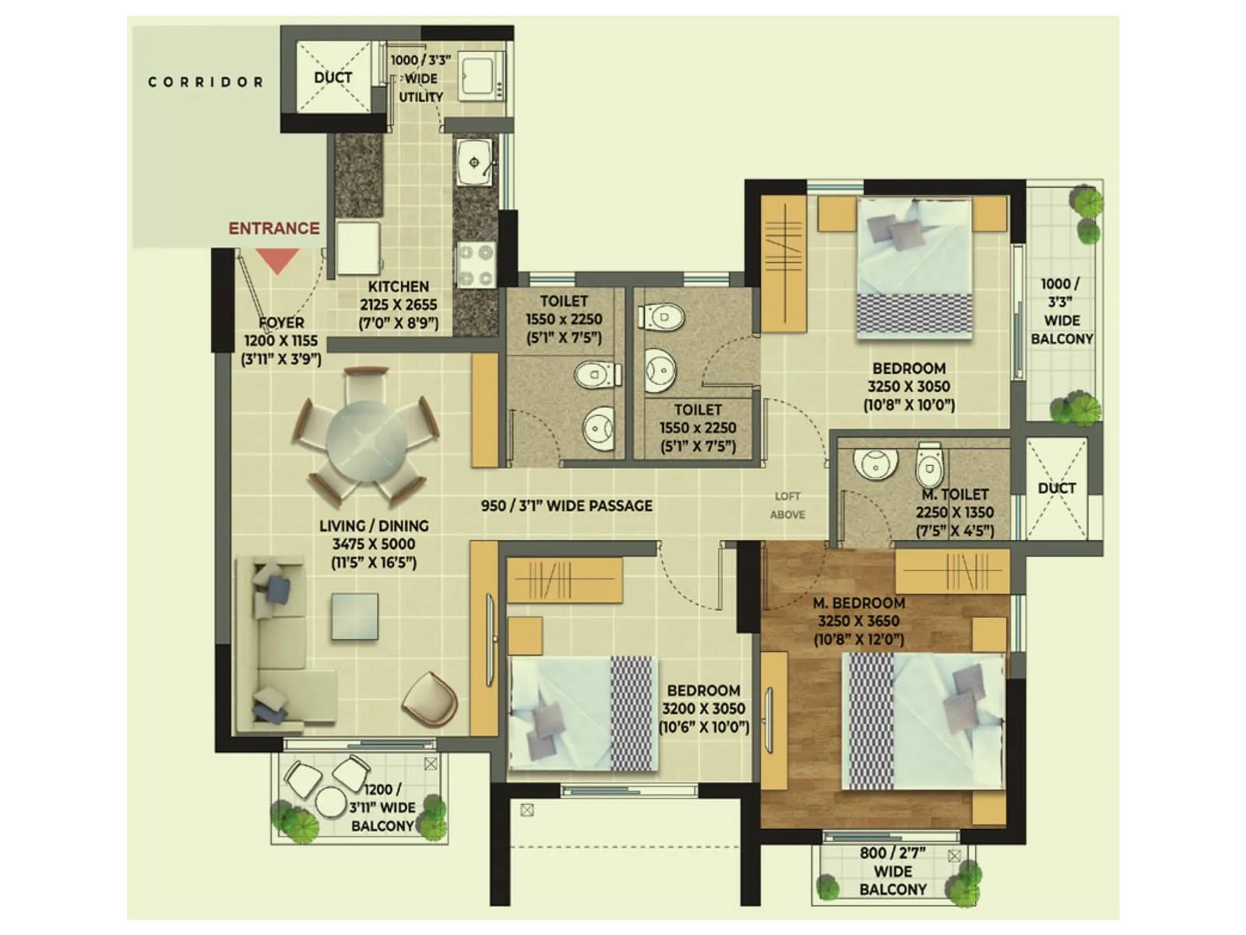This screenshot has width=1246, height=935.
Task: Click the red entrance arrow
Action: pyautogui.click(x=278, y=260)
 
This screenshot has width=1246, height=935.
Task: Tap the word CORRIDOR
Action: pyautogui.click(x=206, y=82)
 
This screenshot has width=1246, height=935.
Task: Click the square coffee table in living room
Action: pyautogui.click(x=354, y=616)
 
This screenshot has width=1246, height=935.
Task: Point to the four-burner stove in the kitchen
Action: pyautogui.click(x=475, y=264)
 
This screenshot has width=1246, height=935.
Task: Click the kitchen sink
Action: pyautogui.click(x=473, y=163)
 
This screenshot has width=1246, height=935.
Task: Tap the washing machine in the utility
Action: pyautogui.click(x=480, y=76)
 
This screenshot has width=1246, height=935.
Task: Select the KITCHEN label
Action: pyautogui.click(x=398, y=287)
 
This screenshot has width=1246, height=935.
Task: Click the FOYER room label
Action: pyautogui.click(x=281, y=323)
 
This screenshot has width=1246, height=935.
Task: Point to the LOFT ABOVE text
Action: pyautogui.click(x=787, y=505)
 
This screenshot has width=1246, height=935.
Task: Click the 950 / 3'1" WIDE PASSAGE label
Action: pyautogui.click(x=567, y=506)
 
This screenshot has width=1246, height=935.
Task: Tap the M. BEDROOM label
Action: pyautogui.click(x=859, y=603)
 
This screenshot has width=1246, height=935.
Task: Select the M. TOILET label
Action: pyautogui.click(x=955, y=495)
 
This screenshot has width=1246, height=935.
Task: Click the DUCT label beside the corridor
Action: pyautogui.click(x=333, y=78)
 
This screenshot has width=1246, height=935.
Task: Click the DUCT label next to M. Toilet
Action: pyautogui.click(x=1057, y=489)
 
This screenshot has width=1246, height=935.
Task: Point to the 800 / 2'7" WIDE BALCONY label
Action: pyautogui.click(x=892, y=871)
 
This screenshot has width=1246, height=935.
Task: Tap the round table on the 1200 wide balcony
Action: pyautogui.click(x=330, y=801)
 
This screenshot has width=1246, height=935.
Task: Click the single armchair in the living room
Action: pyautogui.click(x=429, y=698)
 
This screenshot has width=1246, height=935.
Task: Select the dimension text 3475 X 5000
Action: pyautogui.click(x=373, y=544)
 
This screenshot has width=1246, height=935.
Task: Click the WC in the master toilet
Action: pyautogui.click(x=929, y=467)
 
